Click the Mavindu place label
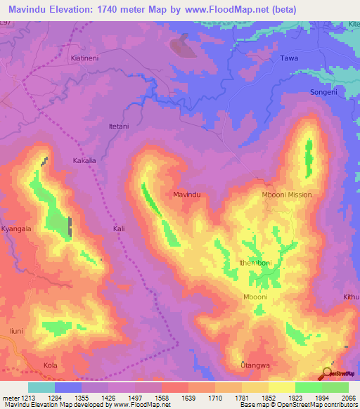(187, 193)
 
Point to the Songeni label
(324, 93)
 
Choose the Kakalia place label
(84, 161)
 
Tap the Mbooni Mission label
(285, 195)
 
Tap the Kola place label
(50, 366)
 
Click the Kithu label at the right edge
(351, 297)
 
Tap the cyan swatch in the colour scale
(41, 387)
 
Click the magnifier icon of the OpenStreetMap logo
(328, 372)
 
